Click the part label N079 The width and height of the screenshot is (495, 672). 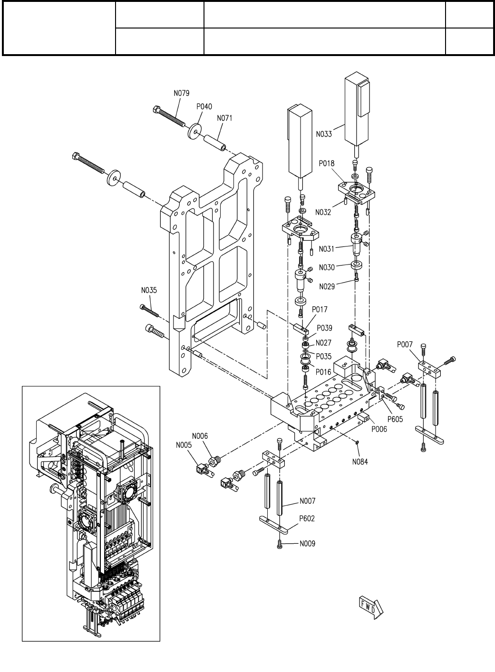tap(182, 93)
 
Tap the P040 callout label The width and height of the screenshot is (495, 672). tap(204, 106)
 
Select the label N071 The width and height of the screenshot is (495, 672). tap(224, 118)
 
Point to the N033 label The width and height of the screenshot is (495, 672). tap(324, 134)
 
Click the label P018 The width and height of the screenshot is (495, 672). tap(327, 163)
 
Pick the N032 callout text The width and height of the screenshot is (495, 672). tap(323, 212)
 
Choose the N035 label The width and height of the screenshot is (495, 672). tap(149, 290)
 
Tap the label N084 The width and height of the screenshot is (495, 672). tap(360, 462)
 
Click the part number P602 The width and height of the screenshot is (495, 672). tap(307, 519)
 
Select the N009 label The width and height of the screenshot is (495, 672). tap(308, 544)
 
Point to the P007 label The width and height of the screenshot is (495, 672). tap(405, 345)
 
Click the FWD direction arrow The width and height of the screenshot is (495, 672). tap(371, 607)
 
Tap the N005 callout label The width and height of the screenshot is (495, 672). tap(184, 445)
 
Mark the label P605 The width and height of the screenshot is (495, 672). tap(395, 419)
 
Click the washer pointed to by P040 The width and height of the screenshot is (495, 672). tap(195, 131)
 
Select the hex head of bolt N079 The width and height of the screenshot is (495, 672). tap(157, 109)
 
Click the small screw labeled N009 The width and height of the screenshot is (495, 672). tap(280, 544)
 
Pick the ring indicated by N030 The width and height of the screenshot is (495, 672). tap(356, 265)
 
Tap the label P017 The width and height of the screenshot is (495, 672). tap(320, 309)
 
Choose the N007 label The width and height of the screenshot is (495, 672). tap(308, 501)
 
